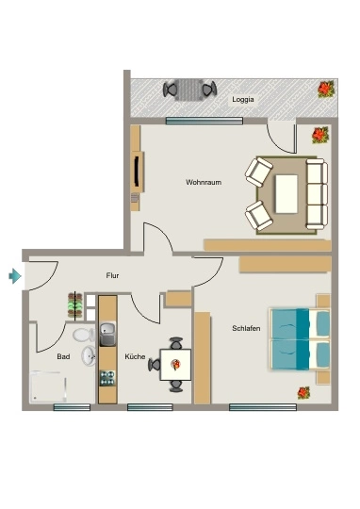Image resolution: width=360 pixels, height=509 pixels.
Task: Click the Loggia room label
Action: tap(243, 100)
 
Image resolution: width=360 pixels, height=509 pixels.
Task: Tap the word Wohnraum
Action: tap(204, 182)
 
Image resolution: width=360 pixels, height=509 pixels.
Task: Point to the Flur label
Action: tap(112, 275)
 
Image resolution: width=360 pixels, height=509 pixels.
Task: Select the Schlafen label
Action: tap(246, 328)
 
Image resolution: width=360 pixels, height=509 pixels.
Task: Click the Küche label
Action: tap(135, 356)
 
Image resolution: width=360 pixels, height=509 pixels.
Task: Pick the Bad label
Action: tap(63, 356)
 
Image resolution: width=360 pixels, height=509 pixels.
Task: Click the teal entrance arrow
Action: tap(15, 276)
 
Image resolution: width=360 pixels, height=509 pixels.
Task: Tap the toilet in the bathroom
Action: tap(84, 335)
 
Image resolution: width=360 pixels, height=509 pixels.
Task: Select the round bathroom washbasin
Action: tap(89, 355)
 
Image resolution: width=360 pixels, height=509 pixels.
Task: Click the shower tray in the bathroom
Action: tap(48, 387)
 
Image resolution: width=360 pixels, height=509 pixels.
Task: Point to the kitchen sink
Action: tap(107, 334)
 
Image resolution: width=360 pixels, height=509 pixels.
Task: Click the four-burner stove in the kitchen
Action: tap(107, 378)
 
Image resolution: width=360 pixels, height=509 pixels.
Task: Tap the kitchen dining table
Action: tap(175, 365)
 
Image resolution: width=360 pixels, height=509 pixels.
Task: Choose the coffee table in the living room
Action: tap(286, 194)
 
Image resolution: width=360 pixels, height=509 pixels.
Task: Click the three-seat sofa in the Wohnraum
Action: tap(317, 194)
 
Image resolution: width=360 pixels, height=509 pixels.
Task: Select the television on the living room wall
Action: tap(137, 172)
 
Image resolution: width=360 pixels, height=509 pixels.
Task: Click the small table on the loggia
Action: tap(190, 90)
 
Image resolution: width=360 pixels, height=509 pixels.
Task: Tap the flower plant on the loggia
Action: tap(325, 89)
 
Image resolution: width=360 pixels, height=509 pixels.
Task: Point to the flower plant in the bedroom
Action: tap(303, 393)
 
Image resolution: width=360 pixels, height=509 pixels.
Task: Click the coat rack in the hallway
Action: tap(75, 305)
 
